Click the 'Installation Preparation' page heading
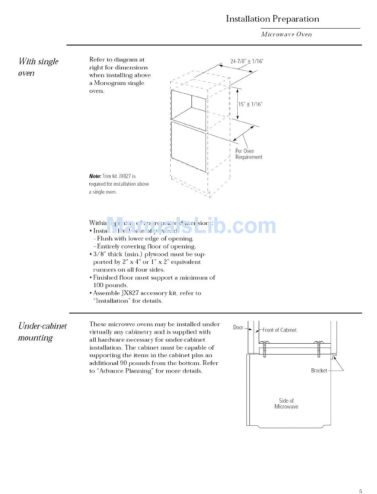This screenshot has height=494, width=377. tap(272, 19)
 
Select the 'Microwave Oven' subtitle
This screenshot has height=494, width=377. tap(286, 35)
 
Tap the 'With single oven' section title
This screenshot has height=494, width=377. tap(38, 67)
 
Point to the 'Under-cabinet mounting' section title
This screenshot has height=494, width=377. tap(42, 332)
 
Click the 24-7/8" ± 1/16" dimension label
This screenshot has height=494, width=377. tap(247, 61)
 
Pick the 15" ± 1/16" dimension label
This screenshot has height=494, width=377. tap(250, 104)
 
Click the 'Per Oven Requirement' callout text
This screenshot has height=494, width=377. tap(248, 154)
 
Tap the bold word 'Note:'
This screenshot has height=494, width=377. tap(95, 176)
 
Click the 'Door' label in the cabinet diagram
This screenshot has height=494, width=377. tap(238, 327)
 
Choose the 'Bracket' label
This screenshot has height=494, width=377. tap(319, 371)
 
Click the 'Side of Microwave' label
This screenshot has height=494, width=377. tap(286, 404)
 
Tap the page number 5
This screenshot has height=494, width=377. tap(360, 491)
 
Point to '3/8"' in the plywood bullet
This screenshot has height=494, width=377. tap(100, 254)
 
